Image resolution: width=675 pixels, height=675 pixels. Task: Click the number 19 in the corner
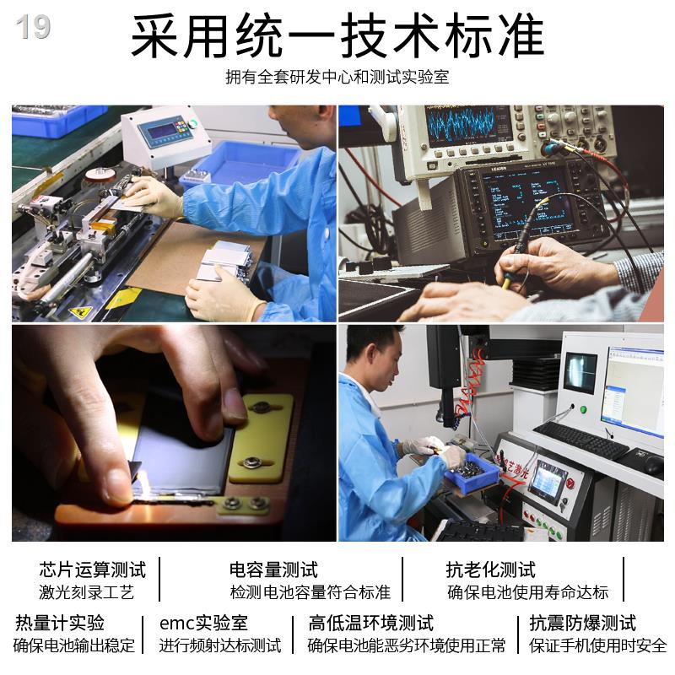point(33,27)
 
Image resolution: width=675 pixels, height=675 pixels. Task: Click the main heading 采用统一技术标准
point(337,35)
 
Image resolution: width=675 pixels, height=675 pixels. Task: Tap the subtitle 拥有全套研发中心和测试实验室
point(337,77)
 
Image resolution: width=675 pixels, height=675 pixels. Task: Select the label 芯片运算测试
point(93,570)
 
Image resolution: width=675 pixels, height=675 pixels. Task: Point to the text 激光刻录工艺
point(87,592)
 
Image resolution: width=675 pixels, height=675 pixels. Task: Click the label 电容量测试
point(273,570)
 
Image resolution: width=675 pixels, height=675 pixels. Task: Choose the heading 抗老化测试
point(491,570)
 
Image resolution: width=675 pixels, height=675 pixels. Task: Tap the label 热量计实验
point(60,623)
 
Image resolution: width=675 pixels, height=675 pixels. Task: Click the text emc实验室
point(203,623)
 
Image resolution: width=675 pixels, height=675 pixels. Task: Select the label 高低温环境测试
point(371,623)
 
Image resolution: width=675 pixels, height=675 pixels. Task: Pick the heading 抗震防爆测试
point(583,623)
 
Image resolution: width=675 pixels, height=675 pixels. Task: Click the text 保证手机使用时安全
point(598,645)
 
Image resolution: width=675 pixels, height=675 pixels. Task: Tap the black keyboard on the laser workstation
point(581,440)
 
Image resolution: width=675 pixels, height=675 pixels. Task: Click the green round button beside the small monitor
point(583,409)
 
